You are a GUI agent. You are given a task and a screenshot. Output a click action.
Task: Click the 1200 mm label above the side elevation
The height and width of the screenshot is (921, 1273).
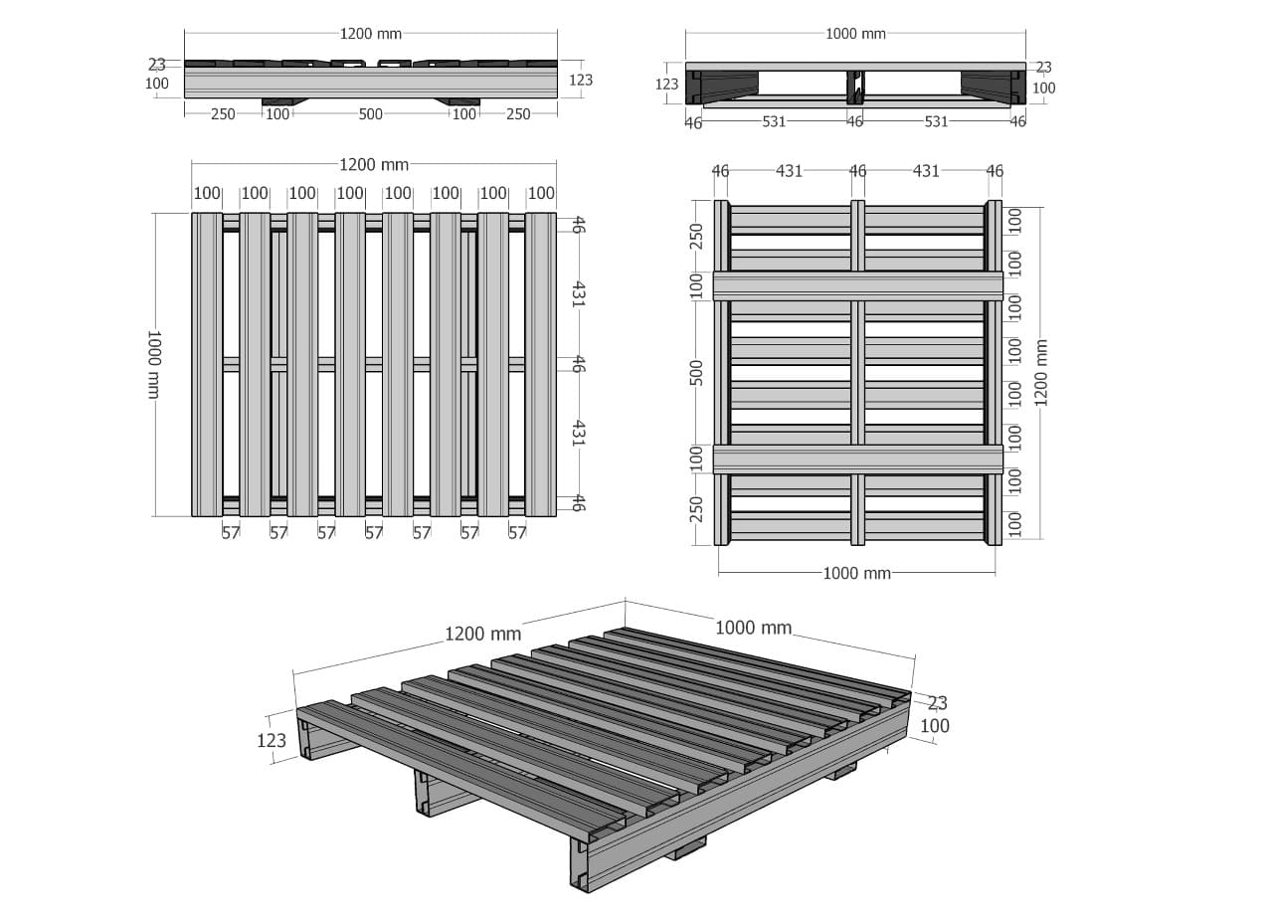coord(371,34)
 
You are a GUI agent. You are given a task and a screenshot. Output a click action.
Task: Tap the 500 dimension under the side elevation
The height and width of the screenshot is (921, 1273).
coord(371,114)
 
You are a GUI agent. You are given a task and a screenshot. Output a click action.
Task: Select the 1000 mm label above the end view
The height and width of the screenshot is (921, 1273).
coord(855,34)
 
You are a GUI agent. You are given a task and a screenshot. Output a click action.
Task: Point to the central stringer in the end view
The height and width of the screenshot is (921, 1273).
coord(854,88)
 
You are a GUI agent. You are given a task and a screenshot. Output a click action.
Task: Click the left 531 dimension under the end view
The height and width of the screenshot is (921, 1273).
coord(774,121)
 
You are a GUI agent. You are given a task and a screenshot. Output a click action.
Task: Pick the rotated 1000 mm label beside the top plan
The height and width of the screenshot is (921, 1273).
coord(154,364)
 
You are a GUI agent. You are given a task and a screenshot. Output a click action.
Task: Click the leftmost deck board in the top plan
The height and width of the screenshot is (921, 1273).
coord(207,364)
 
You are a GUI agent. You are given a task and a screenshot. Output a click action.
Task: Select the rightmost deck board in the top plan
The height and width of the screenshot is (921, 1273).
coord(540,364)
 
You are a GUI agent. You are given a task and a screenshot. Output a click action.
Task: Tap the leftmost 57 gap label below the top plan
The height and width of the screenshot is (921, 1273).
coord(231,533)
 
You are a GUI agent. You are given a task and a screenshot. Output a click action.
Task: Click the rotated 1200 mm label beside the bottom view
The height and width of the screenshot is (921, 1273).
coord(1040,373)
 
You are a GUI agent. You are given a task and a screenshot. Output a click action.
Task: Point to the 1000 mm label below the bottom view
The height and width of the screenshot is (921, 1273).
coord(856,573)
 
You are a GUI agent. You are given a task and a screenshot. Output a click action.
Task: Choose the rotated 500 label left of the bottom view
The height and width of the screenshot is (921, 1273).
coord(696,373)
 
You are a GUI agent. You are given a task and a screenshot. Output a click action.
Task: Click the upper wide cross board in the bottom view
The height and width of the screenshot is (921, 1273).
coord(857,286)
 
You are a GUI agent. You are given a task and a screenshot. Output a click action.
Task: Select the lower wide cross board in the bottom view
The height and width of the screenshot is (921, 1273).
coord(857,460)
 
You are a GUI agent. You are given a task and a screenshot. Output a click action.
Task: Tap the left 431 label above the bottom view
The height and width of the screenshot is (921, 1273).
coord(790,171)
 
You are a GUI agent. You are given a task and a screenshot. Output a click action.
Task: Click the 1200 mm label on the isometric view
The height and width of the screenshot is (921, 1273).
coord(482,634)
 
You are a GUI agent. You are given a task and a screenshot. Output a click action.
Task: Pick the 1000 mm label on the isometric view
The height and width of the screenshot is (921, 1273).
coord(753,628)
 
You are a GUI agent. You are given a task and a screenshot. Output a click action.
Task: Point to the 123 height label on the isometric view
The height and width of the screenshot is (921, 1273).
coord(272,740)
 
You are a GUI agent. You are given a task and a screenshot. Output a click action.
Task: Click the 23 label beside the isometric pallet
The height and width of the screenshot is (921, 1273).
coord(937,703)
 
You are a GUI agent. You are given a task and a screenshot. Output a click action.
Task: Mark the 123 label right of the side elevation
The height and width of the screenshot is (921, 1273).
coord(581,81)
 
